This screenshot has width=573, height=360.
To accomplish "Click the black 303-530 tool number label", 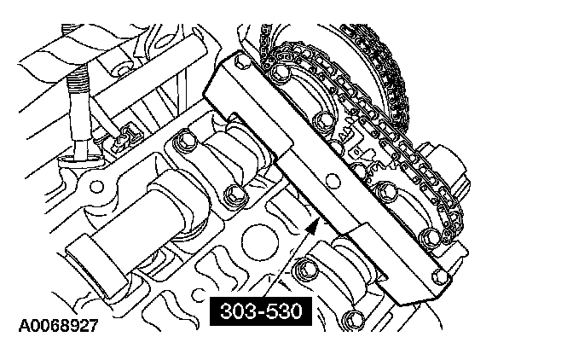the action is coord(261,311).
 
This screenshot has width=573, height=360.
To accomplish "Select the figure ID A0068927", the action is coord(59,325).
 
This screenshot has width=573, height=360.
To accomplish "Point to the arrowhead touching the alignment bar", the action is coord(312,226).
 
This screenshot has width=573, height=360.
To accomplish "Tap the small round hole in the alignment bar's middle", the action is coord(333,179).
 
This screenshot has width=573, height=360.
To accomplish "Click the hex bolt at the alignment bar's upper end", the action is coord(241,61).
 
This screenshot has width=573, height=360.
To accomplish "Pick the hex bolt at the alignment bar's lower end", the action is coord(440,276).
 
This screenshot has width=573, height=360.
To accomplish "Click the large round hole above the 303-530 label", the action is coord(261,242).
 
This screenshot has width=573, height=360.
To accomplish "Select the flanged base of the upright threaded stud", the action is coord(82,160).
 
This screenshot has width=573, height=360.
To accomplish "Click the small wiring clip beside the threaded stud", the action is coord(125,137).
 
